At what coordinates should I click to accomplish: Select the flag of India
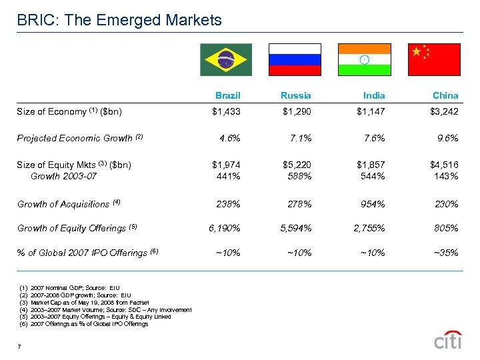tap(365, 59)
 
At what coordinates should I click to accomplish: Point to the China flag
tap(435, 59)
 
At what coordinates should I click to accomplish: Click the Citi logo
tap(447, 341)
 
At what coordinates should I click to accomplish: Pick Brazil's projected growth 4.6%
tap(229, 138)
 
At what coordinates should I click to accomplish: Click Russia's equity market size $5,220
tap(297, 165)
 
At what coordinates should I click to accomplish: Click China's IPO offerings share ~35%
tap(444, 252)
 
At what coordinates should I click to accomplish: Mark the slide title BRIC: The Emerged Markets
tap(119, 21)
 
